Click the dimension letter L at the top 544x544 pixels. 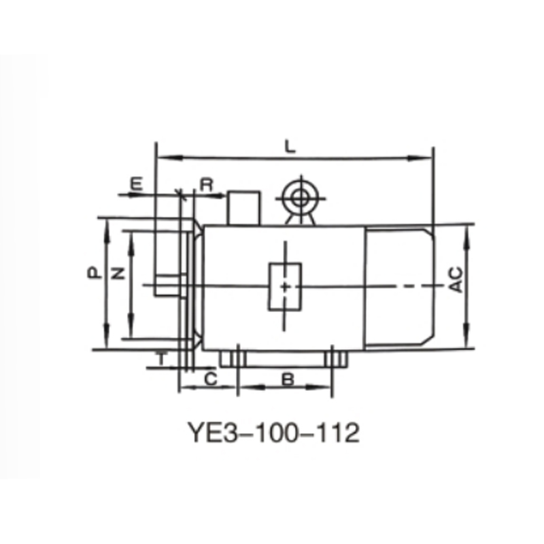point(290,145)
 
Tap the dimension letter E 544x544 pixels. point(137,184)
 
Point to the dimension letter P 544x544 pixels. point(95,273)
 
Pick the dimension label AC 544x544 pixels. point(456,279)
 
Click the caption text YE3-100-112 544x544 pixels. point(272,432)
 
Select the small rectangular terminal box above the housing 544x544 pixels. point(243,207)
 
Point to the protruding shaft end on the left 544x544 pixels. point(169,285)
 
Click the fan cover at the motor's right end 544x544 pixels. point(399,287)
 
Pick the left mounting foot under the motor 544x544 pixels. point(236,358)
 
